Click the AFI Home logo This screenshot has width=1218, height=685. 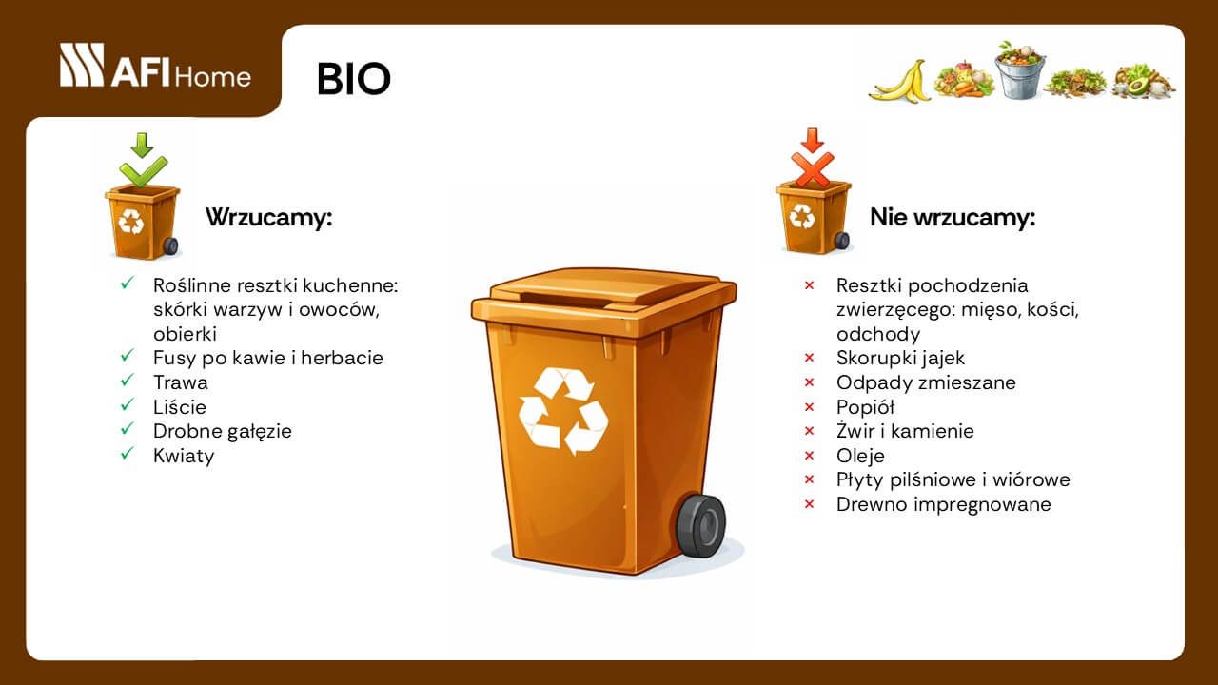point(155,67)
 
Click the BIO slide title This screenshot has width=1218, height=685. point(353,80)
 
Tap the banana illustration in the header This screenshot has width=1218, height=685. point(899,82)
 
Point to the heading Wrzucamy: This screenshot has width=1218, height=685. point(269,217)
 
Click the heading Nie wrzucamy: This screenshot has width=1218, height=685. point(953,217)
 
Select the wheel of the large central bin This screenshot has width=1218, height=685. point(701,525)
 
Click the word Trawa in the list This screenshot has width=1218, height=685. point(181,382)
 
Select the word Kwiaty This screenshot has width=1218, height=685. point(184,456)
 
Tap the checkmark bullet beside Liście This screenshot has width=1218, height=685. point(127,406)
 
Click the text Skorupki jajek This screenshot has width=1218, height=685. point(900,358)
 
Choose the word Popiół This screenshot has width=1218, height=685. point(865,407)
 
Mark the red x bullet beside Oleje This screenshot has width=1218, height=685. point(810,456)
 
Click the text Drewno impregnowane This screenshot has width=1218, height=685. point(943,504)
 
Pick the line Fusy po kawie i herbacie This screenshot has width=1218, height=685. point(267,358)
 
